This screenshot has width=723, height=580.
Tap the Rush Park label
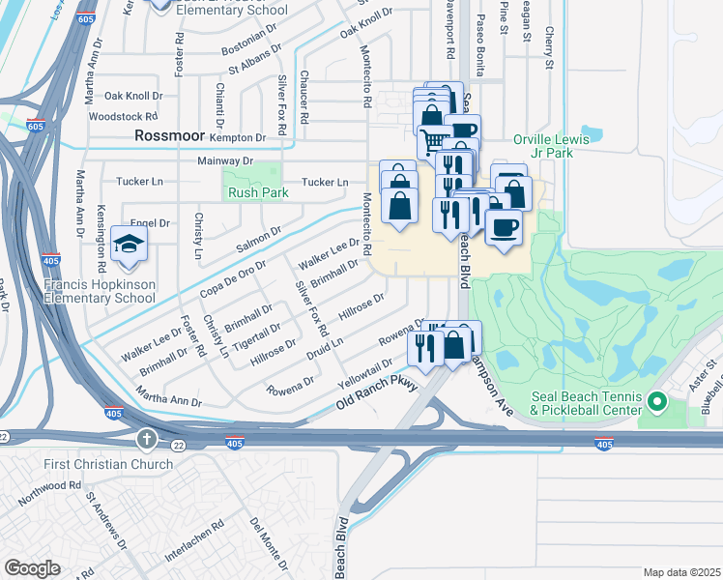251,192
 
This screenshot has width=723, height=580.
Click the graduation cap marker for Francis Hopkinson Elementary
129,246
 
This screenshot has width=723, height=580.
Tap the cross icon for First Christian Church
146,441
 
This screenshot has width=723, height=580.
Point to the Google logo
32,568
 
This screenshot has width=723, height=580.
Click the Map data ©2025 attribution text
680,572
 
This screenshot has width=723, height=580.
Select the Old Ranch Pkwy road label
376,394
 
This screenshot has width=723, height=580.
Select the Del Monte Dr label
268,544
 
